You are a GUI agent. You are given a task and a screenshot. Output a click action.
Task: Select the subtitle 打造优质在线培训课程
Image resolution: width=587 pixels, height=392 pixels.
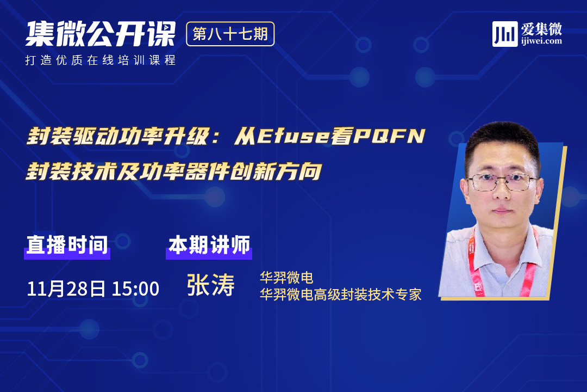tap(101, 60)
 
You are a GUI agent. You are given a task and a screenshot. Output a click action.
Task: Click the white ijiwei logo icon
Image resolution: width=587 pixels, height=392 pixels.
tap(505, 34)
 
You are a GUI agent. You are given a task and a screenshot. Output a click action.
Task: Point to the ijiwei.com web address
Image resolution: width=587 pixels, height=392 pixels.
tap(541, 41)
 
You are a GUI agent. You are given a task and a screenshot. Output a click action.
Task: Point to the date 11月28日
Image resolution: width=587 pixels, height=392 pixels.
tap(66, 289)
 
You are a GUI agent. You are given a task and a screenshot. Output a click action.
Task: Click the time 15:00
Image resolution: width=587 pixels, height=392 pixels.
tap(135, 289)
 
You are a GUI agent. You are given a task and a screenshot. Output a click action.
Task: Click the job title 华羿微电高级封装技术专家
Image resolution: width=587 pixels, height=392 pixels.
tap(341, 295)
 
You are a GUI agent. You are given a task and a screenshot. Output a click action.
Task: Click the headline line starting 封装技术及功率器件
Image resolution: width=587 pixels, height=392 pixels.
tap(174, 172)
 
